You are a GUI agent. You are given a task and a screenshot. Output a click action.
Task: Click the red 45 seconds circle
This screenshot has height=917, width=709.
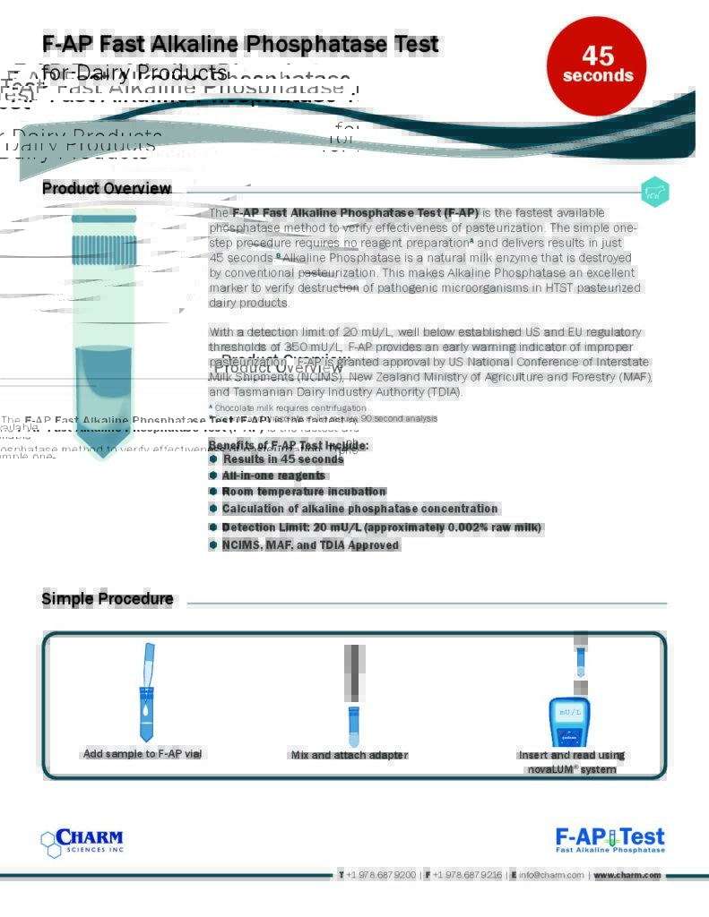(597, 65)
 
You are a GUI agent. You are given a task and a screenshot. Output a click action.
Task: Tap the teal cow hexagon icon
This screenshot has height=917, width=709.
(655, 192)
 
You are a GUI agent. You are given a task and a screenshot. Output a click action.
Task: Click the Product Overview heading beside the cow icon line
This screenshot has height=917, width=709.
(107, 188)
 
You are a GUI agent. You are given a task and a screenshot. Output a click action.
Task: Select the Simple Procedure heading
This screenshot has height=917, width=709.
(108, 599)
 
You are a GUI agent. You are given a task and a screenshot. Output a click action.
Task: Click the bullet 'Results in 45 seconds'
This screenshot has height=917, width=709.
(283, 459)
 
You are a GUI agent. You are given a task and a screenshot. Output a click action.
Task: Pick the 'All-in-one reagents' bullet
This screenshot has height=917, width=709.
(273, 476)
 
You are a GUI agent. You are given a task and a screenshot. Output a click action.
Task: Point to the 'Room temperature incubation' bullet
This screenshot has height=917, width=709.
(304, 492)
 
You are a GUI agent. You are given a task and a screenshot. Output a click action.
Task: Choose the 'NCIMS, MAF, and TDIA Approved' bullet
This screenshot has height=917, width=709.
(310, 545)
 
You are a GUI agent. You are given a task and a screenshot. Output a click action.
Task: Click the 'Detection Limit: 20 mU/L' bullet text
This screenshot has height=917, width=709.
(381, 527)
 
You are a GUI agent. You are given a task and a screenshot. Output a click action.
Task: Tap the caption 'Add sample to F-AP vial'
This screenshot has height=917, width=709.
(143, 754)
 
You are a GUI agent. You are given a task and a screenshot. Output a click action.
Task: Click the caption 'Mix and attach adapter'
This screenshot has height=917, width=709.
(349, 755)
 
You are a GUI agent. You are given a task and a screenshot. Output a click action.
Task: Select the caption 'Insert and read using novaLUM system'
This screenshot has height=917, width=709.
(571, 762)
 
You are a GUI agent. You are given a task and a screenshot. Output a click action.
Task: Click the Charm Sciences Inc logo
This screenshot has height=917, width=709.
(82, 843)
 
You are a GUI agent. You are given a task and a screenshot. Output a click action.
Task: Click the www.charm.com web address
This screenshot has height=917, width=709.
(627, 875)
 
